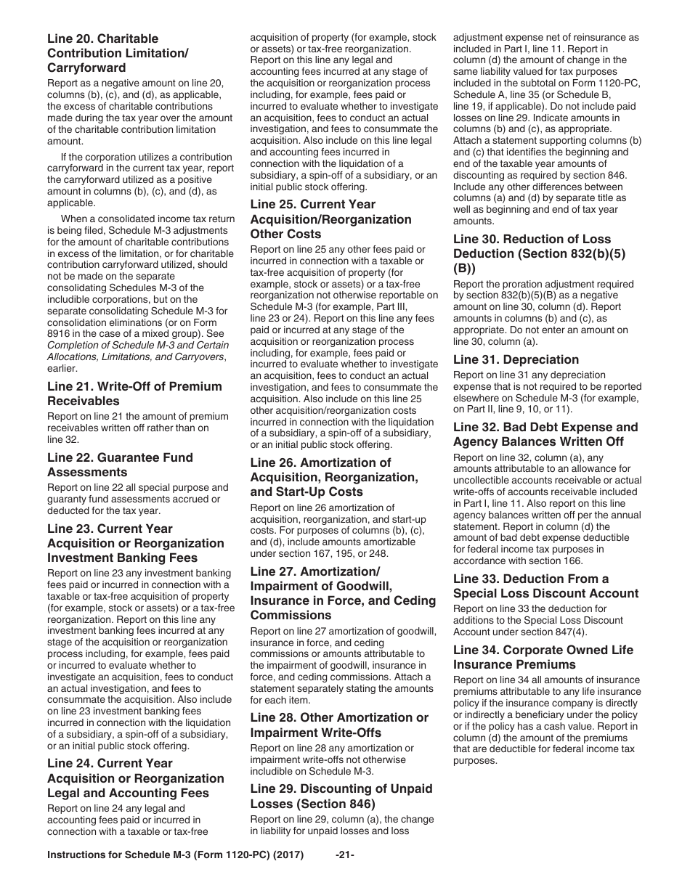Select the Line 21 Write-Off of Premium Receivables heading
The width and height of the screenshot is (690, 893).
pos(134,394)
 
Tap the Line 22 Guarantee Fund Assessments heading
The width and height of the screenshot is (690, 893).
pos(120,465)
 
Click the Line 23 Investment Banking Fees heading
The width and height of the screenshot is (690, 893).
pos(136,543)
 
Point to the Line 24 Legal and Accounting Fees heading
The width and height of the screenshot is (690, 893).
pos(136,778)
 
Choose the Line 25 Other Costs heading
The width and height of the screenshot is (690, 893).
pos(330,219)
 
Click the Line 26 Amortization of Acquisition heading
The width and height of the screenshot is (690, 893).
pos(334,477)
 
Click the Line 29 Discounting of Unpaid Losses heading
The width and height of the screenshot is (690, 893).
pos(341,796)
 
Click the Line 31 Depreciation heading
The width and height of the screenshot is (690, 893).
pos(516,359)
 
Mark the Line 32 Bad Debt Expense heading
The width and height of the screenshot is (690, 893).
pos(545,434)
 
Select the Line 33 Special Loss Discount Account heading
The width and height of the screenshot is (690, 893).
pos(545,586)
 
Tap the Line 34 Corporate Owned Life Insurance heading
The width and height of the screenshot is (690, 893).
pos(543,657)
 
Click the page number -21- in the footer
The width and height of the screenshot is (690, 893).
pos(345,855)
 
